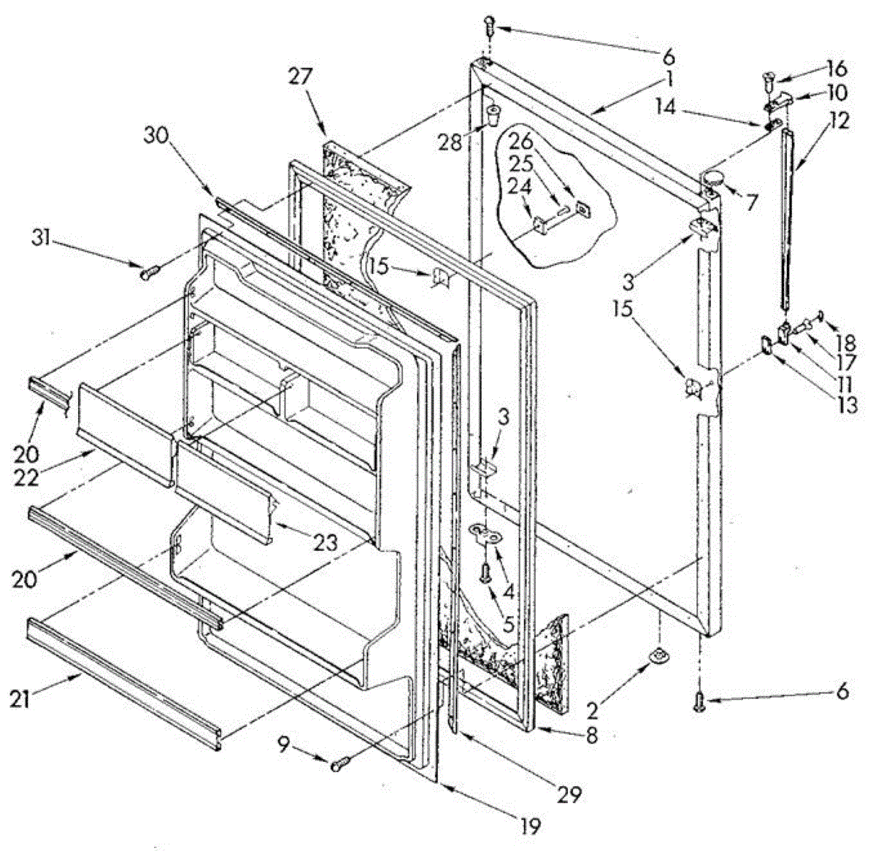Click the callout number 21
click(x=22, y=698)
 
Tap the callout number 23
click(x=325, y=542)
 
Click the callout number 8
click(x=590, y=735)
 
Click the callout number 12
click(x=839, y=120)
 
